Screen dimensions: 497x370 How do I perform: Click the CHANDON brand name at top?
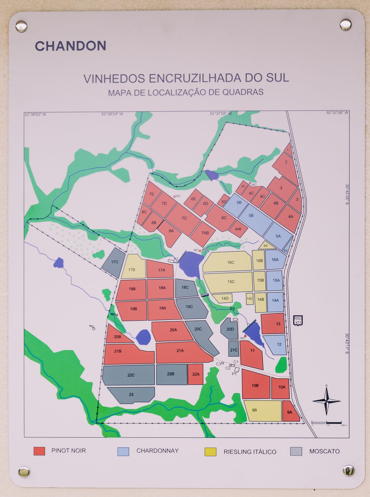[x=70, y=46]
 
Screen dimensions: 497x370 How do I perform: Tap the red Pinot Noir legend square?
[x=39, y=451]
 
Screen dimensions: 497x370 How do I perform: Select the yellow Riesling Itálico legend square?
[x=210, y=452]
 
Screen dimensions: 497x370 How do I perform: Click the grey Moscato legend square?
[x=296, y=451]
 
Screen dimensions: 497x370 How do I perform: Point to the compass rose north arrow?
[x=326, y=401]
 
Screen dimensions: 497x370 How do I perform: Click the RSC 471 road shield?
[x=298, y=320]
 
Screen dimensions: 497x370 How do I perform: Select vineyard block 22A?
[x=195, y=374]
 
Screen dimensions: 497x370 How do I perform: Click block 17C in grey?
[x=114, y=262]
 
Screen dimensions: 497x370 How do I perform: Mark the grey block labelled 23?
[x=131, y=395]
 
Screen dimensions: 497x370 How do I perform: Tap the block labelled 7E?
[x=152, y=194]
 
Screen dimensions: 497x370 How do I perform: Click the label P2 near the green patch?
[x=232, y=309]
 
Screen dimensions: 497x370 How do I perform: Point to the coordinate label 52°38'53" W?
[x=35, y=115]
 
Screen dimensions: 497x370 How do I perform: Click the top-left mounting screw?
[x=21, y=26]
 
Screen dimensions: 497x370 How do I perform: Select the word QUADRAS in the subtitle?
[x=243, y=92]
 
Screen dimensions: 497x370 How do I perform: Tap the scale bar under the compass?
[x=326, y=423]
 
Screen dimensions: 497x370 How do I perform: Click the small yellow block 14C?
[x=250, y=299]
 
